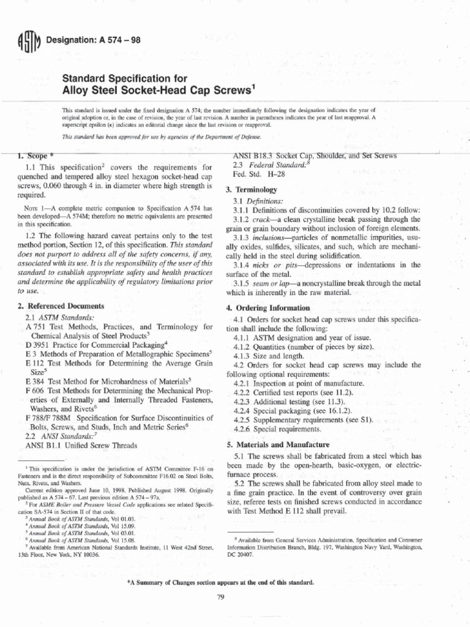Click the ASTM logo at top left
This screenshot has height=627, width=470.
point(30,43)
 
